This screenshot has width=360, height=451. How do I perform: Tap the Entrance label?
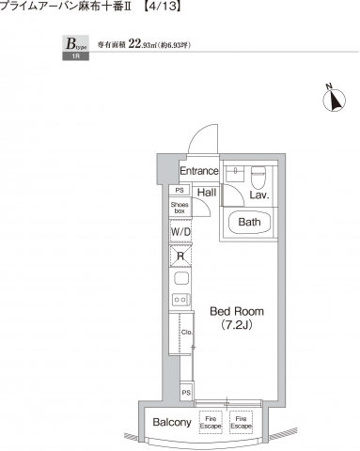pos(199,171)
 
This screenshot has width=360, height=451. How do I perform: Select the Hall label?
pos(207,193)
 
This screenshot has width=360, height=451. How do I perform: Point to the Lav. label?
pos(261,195)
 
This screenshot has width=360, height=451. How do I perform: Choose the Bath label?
pos(249,223)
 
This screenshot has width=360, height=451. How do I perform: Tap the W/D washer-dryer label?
pos(180,231)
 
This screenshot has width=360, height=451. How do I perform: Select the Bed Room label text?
pos(236,311)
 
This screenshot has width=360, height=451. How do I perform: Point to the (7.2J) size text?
pos(236,325)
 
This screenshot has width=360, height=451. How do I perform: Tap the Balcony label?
pos(172,422)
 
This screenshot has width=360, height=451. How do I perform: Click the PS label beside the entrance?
pos(180,190)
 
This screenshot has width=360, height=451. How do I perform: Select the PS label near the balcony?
pos(186,392)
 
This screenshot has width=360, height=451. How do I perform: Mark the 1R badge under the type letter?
pos(72,58)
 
